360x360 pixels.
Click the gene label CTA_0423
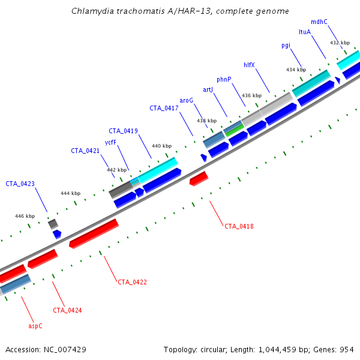(20, 184)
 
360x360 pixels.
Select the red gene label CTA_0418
(239, 226)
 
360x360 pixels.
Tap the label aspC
(35, 326)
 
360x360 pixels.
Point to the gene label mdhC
(319, 22)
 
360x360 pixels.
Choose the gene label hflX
(250, 65)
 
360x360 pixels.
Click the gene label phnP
(224, 79)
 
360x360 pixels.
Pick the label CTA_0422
(132, 281)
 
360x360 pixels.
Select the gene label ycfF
(110, 142)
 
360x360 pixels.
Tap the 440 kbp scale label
(161, 146)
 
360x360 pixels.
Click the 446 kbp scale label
(25, 216)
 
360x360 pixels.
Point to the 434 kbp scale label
(296, 70)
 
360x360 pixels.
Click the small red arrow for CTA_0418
(199, 178)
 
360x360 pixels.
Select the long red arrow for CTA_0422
(94, 233)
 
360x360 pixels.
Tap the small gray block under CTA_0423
(53, 224)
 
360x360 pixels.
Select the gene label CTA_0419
(123, 131)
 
